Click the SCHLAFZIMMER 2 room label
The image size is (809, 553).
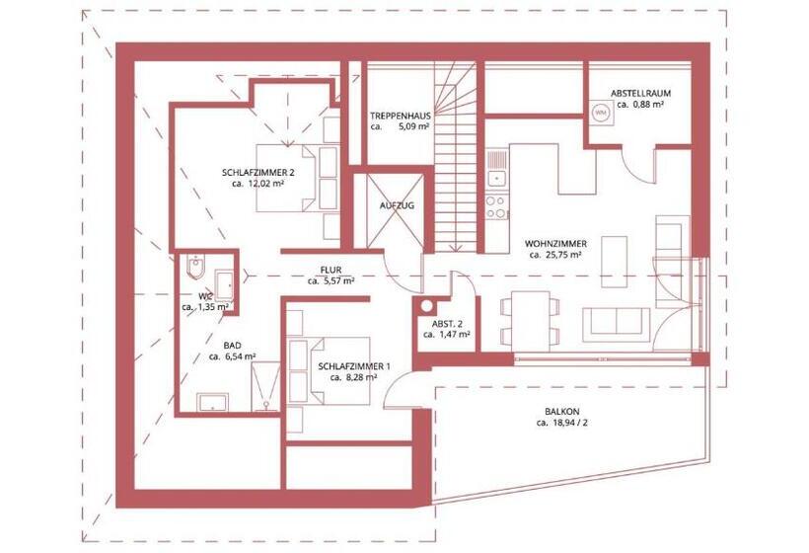(258, 171)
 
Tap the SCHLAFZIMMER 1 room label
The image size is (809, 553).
(354, 366)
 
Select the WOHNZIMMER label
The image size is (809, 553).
(556, 242)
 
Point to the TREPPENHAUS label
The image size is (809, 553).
(399, 115)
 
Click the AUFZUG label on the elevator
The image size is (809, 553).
(396, 205)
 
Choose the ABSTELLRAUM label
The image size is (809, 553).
(640, 93)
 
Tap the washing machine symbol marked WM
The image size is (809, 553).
(599, 114)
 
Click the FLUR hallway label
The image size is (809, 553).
(331, 270)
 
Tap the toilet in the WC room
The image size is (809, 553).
(194, 269)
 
